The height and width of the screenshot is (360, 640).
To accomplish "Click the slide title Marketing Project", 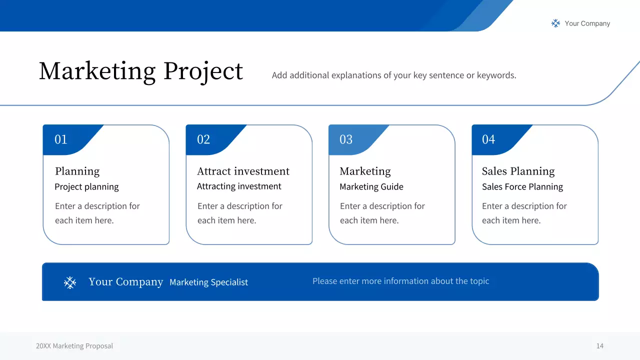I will (x=140, y=71).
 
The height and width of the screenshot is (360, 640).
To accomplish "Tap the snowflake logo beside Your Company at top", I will (x=555, y=23).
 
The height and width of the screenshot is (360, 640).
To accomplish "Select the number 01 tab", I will (x=61, y=139).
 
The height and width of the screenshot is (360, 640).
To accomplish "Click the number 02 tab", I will (x=203, y=139).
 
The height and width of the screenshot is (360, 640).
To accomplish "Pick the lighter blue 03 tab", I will (x=346, y=139).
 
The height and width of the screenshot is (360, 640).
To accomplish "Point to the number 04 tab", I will (x=488, y=139).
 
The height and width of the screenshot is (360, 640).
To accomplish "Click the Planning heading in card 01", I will (x=77, y=171).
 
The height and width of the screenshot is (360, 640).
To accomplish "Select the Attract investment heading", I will (x=243, y=171).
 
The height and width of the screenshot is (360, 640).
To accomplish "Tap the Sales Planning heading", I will (x=518, y=171).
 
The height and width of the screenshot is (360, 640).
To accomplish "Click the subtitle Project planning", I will (x=86, y=187).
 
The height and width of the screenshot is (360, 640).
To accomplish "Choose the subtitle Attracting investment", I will (x=239, y=186).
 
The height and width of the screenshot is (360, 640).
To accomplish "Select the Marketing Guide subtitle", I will (x=371, y=187).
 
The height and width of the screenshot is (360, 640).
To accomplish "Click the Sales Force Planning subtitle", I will (x=522, y=187).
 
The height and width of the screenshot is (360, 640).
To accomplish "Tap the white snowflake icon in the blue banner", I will (x=70, y=283).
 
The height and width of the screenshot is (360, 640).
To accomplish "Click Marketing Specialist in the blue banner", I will (x=208, y=282).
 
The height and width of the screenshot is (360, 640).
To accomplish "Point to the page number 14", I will (x=599, y=346).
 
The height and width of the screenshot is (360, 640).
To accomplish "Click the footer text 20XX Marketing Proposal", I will (x=74, y=346).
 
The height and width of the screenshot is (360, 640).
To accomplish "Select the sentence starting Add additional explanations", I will (x=393, y=75).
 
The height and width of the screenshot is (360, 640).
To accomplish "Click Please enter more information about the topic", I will (x=400, y=281).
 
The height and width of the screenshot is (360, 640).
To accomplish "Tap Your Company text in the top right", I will (x=587, y=23).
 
